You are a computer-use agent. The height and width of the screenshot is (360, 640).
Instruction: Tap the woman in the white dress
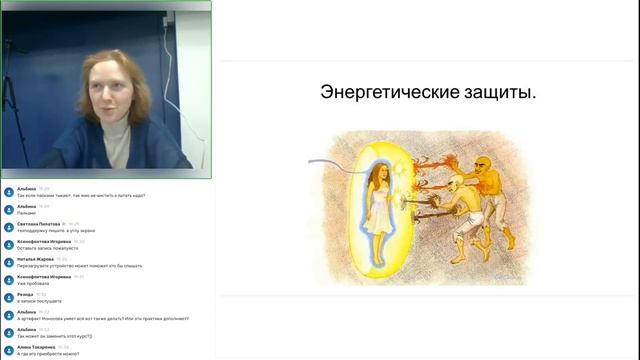pyautogui.click(x=377, y=200)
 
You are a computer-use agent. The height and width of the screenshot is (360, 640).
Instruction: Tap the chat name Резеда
pyautogui.click(x=26, y=294)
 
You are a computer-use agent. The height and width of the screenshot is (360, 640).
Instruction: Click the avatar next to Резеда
pyautogui.click(x=8, y=297)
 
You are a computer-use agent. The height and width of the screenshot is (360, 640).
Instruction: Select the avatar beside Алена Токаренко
pyautogui.click(x=8, y=350)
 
